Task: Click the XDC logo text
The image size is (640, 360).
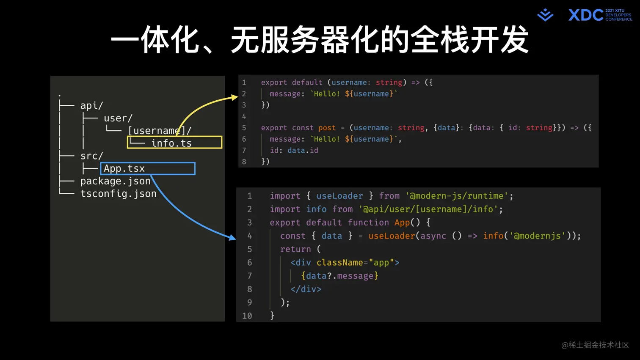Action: click(x=585, y=15)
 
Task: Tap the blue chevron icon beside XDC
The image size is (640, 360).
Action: click(x=545, y=15)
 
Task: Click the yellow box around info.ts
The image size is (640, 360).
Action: click(x=174, y=143)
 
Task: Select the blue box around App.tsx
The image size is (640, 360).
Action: click(x=148, y=168)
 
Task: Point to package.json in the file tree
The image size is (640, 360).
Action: click(x=115, y=181)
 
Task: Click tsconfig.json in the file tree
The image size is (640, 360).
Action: click(x=118, y=194)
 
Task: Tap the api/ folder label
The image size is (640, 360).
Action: click(x=91, y=105)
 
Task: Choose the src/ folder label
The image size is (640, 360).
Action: click(x=91, y=156)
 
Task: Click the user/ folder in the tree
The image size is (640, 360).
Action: click(x=118, y=118)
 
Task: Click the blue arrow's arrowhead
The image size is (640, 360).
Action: click(x=232, y=238)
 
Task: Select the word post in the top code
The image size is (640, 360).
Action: click(x=327, y=128)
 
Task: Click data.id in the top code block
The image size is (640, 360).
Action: click(x=303, y=150)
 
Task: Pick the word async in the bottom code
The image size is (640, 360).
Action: click(x=433, y=236)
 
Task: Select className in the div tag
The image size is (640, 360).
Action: click(x=339, y=263)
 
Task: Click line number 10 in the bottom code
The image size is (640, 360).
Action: click(x=247, y=316)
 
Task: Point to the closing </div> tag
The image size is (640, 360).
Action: click(x=306, y=289)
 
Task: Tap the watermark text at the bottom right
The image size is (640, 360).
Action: click(x=595, y=345)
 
